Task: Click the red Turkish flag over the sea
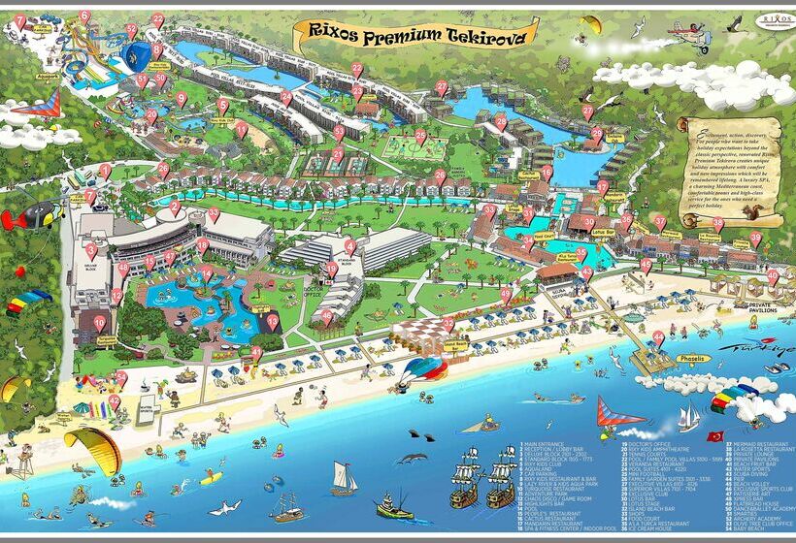715,435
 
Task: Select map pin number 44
659,336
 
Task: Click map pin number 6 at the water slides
85,16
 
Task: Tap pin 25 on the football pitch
420,137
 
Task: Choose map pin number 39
754,238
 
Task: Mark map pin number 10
99,323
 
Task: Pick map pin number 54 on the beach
115,400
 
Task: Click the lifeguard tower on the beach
23,463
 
